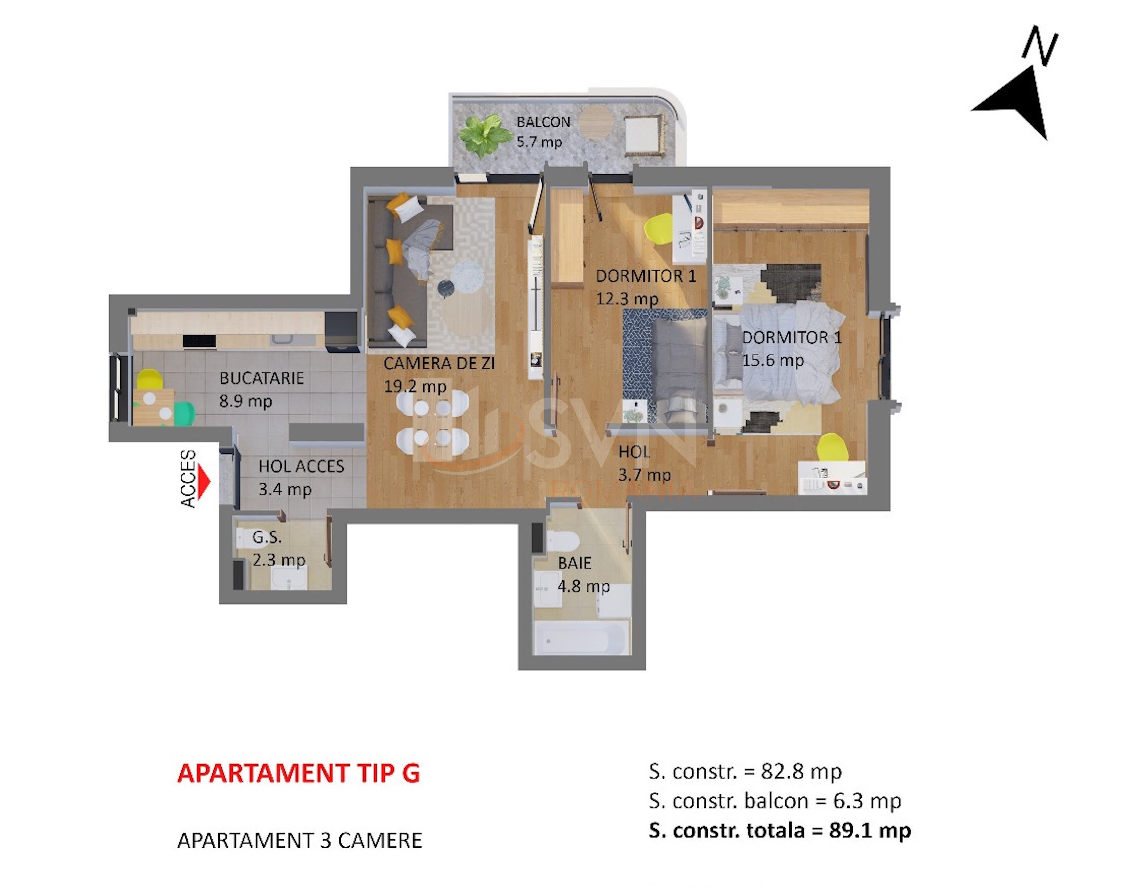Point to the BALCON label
click(x=543, y=122)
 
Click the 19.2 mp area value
click(x=415, y=386)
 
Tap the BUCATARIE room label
click(x=261, y=378)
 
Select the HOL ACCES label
click(x=301, y=466)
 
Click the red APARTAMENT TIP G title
click(x=299, y=773)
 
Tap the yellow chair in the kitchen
click(x=150, y=378)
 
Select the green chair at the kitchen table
click(x=184, y=413)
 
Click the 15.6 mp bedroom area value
click(x=773, y=360)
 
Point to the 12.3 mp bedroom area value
click(x=627, y=299)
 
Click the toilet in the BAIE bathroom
click(x=560, y=541)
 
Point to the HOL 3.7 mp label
click(x=645, y=463)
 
